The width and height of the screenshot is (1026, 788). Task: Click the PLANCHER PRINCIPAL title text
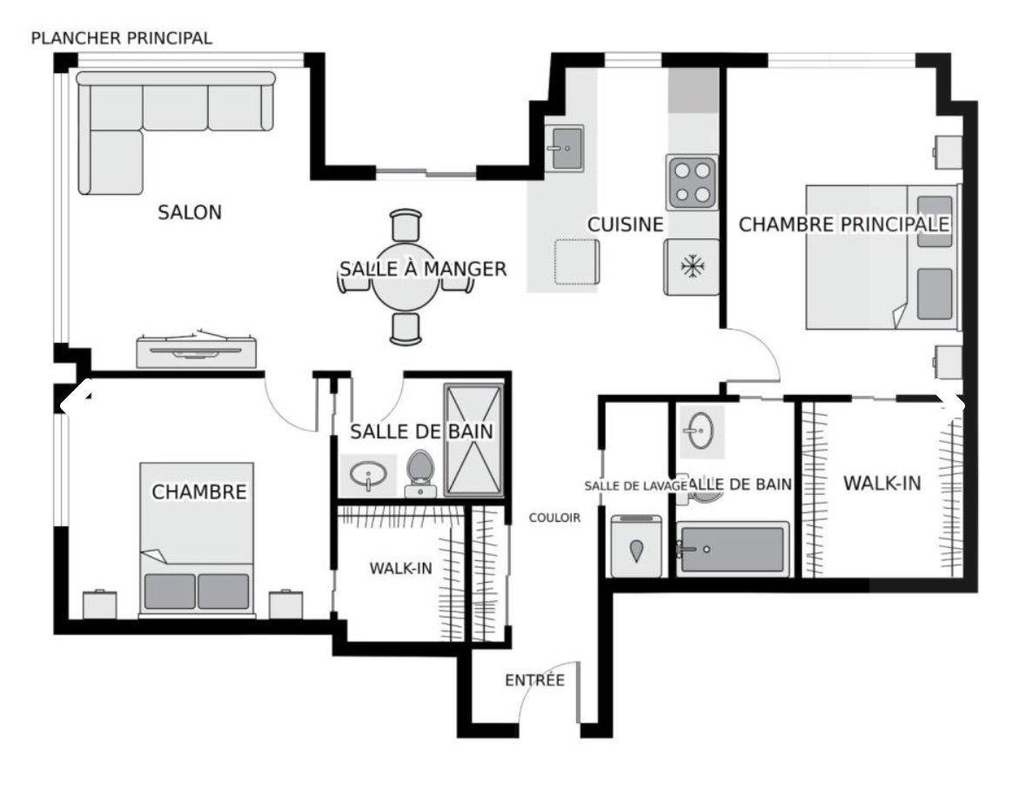(121, 38)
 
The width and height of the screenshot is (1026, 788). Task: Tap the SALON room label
(190, 212)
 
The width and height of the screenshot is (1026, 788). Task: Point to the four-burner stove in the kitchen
(692, 182)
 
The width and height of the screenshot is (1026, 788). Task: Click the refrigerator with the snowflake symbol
(692, 267)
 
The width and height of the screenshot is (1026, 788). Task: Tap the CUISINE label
(625, 224)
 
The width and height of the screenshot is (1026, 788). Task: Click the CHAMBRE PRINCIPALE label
(843, 224)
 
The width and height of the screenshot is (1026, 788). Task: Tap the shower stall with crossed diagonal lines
(473, 440)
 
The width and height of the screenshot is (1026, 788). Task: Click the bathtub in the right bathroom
(734, 549)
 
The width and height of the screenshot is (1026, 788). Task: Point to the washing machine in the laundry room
(636, 547)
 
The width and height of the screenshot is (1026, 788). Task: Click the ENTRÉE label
(534, 680)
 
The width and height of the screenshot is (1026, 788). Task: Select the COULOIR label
(554, 518)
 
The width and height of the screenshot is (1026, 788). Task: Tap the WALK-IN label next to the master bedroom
(882, 484)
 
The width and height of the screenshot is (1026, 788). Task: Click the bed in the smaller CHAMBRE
(198, 539)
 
